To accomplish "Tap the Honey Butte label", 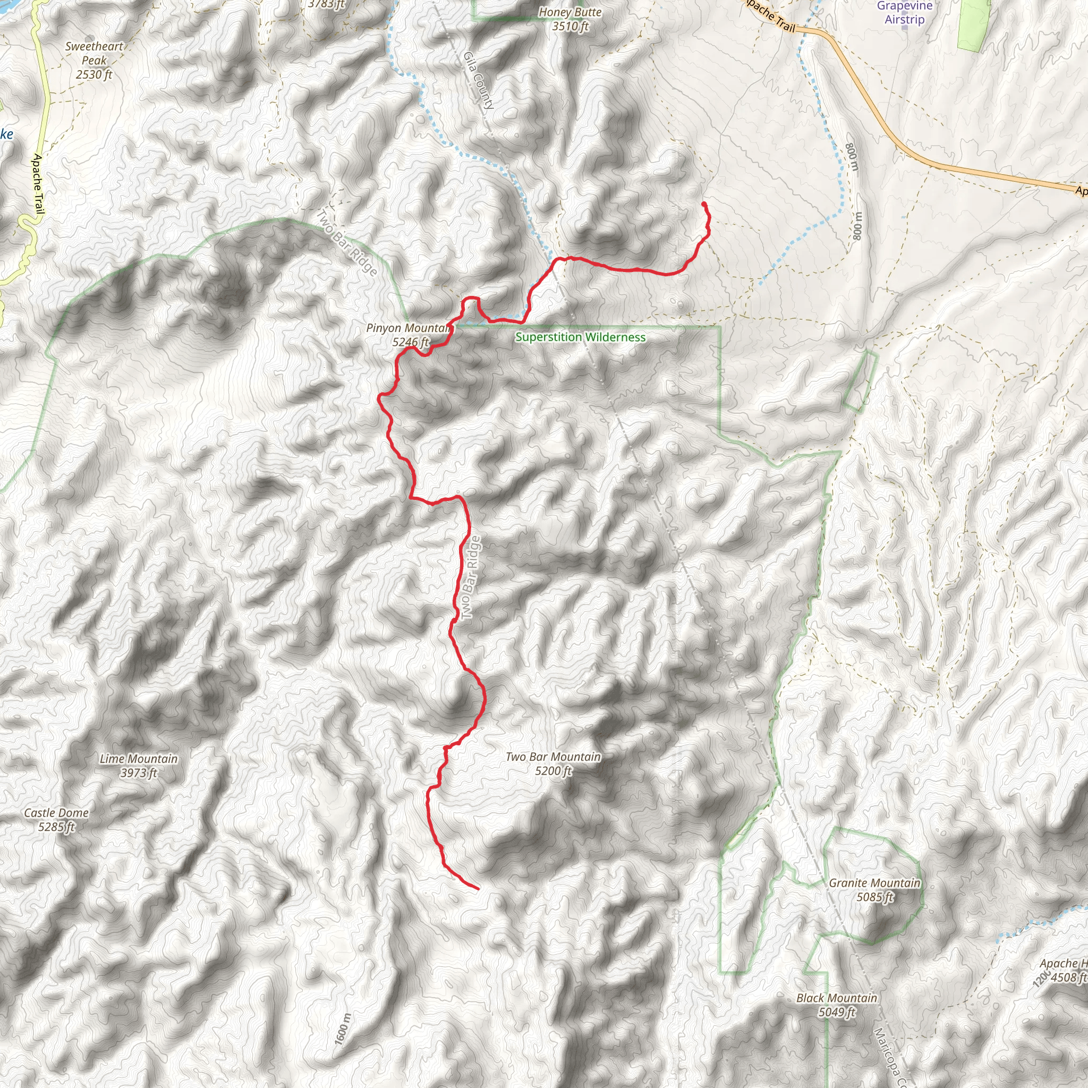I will (570, 12).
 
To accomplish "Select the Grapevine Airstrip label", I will (904, 12).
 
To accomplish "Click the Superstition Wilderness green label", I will (580, 337).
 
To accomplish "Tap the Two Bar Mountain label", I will (553, 757).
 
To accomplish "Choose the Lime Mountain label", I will (139, 759).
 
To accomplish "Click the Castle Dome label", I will (56, 813).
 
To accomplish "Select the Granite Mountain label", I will (874, 883).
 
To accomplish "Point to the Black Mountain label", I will (837, 998).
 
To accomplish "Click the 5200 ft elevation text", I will (553, 771).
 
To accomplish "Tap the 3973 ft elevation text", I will (139, 772).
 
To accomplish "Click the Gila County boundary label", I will (479, 80).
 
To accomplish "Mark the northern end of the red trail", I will (704, 204).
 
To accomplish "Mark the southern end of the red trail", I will (478, 889).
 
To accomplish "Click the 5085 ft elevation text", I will (874, 897).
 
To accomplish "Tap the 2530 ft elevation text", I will (94, 74).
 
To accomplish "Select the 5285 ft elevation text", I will (56, 827).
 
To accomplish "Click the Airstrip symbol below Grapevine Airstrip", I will (904, 28).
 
